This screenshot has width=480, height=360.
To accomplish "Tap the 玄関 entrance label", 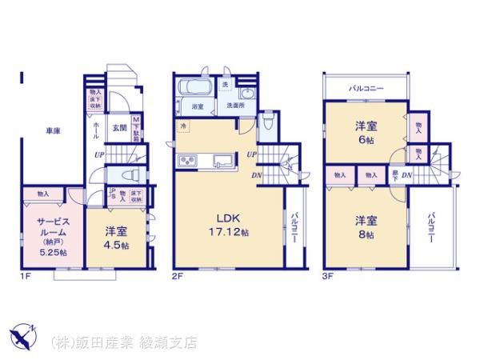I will click(x=118, y=127).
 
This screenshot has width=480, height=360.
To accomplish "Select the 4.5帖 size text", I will click(x=116, y=245).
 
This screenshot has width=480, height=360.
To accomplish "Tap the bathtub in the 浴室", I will click(x=192, y=88).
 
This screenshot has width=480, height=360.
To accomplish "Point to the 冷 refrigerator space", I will click(x=183, y=126).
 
